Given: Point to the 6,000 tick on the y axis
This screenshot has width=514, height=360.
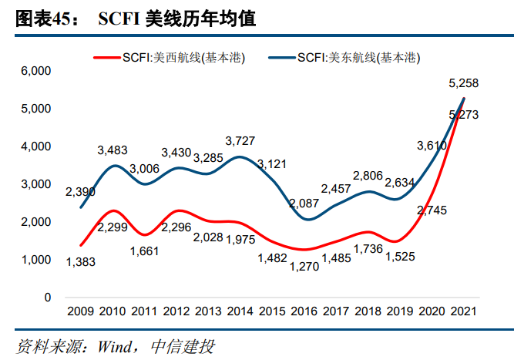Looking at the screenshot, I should (35, 71).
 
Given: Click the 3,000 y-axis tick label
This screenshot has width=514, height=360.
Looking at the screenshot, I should (35, 184).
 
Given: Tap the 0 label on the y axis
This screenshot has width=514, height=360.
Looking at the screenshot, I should (47, 298).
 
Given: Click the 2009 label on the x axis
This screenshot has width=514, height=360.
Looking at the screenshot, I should (80, 312).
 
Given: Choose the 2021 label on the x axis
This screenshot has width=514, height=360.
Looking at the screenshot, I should (463, 312).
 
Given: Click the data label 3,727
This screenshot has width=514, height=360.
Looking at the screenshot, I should (240, 140).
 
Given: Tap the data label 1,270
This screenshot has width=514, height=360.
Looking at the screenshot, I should (306, 267).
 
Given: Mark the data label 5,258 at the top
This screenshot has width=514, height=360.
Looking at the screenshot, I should (464, 82).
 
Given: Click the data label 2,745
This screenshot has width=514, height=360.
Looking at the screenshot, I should (432, 209).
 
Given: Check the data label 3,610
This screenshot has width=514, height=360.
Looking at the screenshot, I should (432, 145).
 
